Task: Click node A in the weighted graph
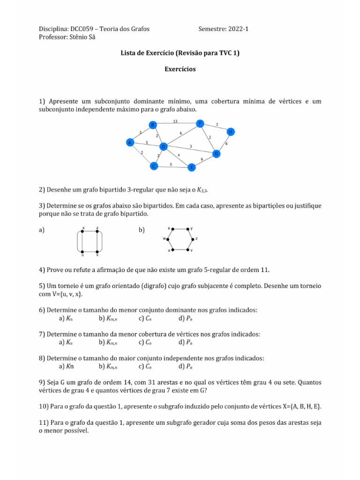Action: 130,142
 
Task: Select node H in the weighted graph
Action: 230,132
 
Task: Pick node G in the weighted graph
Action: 216,153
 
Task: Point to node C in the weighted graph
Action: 153,166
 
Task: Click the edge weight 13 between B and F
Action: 175,121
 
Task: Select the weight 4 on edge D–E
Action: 179,155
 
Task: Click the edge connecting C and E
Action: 172,166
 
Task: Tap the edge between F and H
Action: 216,127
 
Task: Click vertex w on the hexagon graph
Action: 168,239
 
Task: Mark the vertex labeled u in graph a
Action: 83,251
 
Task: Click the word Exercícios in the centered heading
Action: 180,69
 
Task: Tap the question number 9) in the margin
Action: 42,382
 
